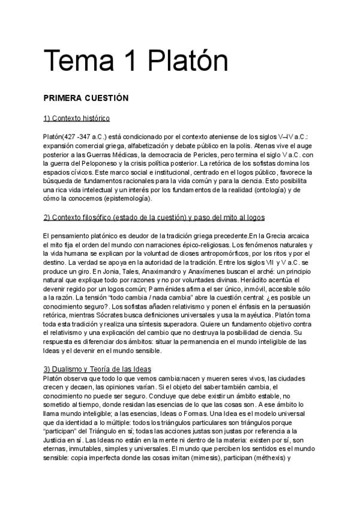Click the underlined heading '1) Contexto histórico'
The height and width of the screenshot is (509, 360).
pyautogui.click(x=76, y=118)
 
